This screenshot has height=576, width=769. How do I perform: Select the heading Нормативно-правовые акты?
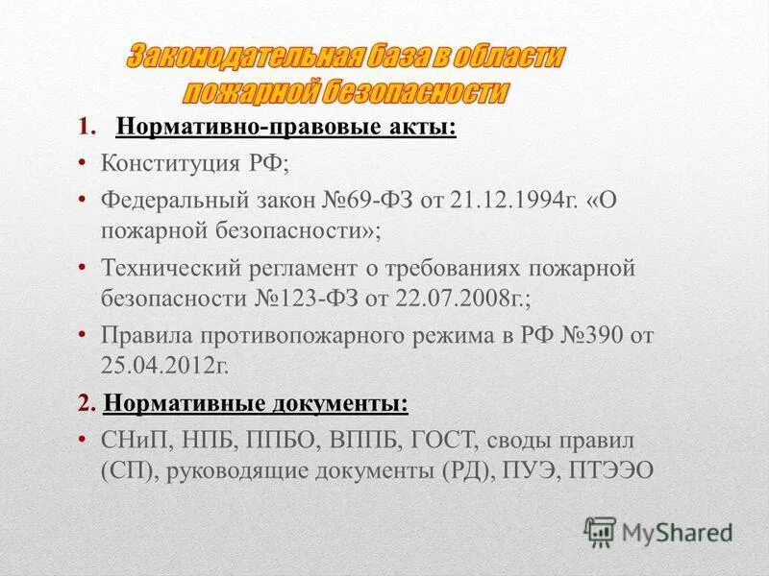click(285, 129)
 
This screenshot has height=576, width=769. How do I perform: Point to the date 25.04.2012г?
click(163, 367)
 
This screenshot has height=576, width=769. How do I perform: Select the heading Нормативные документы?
click(255, 403)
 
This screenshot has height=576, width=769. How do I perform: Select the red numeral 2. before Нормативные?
click(86, 403)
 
